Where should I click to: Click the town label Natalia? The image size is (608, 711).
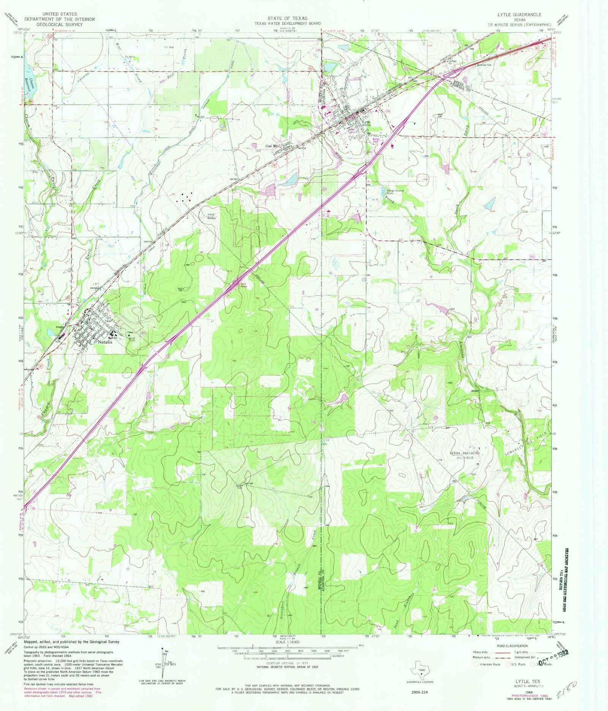tap(105, 342)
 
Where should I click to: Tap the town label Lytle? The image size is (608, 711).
tap(366, 122)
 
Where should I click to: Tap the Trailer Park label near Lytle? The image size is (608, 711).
tap(377, 140)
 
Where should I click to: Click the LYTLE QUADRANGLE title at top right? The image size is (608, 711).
tap(519, 14)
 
